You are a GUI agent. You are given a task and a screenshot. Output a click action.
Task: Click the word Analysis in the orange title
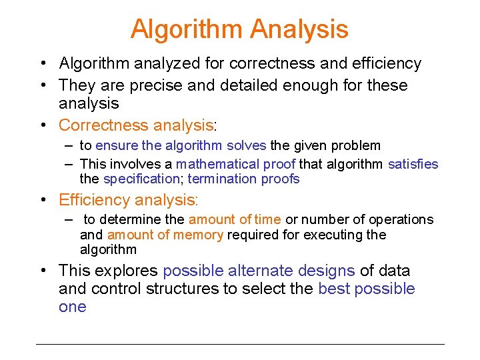point(299,29)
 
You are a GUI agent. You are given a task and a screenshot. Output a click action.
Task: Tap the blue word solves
point(246,145)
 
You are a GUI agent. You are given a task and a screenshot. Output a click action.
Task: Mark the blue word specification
point(143,179)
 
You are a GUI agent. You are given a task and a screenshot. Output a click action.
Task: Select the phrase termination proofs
point(245,179)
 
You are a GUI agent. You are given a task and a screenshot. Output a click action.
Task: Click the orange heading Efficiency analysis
point(128,200)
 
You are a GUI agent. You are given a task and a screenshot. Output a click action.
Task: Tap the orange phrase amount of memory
point(165,235)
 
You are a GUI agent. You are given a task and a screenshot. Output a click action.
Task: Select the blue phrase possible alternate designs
point(259,271)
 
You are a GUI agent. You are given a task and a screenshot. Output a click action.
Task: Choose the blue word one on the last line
point(72,307)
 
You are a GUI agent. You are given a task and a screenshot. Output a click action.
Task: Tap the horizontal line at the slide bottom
point(240,344)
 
